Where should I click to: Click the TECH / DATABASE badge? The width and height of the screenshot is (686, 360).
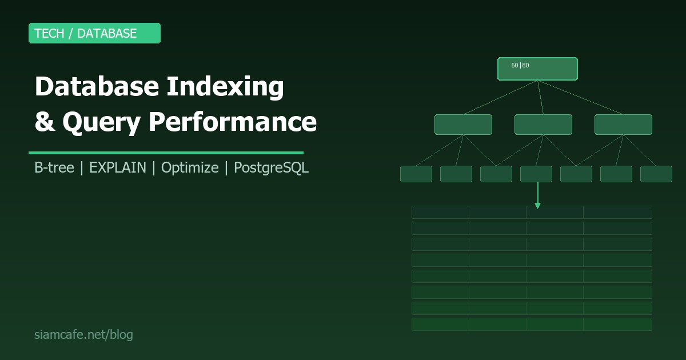coord(94,33)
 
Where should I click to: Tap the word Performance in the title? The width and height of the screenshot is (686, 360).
coord(233,122)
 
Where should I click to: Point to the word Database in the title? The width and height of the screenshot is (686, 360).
coord(96,87)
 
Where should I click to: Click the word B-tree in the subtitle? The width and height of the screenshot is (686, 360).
coord(54,167)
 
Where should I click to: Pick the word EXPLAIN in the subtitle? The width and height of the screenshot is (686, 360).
coord(117,167)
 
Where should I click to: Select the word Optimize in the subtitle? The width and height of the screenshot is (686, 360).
coord(190,167)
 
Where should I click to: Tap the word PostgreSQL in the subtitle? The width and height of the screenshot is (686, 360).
coord(271,167)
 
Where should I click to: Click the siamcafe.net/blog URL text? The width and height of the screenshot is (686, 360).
coord(83,334)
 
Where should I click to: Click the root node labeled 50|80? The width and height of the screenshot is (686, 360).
coord(537,69)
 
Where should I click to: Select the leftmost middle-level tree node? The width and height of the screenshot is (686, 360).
coord(463,125)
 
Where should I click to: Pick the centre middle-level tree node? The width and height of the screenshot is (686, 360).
coord(543,125)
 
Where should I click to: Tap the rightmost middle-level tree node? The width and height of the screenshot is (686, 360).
coord(623,125)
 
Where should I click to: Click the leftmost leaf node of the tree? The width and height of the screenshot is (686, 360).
coord(416,174)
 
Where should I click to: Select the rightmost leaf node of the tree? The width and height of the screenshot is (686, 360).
coord(656,174)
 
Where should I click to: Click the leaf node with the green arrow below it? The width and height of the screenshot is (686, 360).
coord(536,174)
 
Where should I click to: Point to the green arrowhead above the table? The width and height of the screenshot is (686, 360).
coord(537,205)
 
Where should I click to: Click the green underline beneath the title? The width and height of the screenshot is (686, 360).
coord(166,153)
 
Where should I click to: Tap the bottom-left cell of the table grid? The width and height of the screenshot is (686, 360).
coord(440,324)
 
